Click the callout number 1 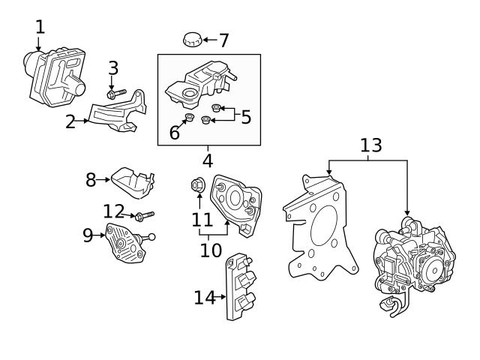click(x=40, y=27)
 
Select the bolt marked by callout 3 click(x=115, y=95)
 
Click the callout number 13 click(x=370, y=145)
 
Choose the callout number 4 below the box click(x=208, y=160)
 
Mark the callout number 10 click(x=211, y=250)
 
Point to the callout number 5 click(x=244, y=116)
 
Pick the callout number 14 click(x=204, y=298)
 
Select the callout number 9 click(x=88, y=235)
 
